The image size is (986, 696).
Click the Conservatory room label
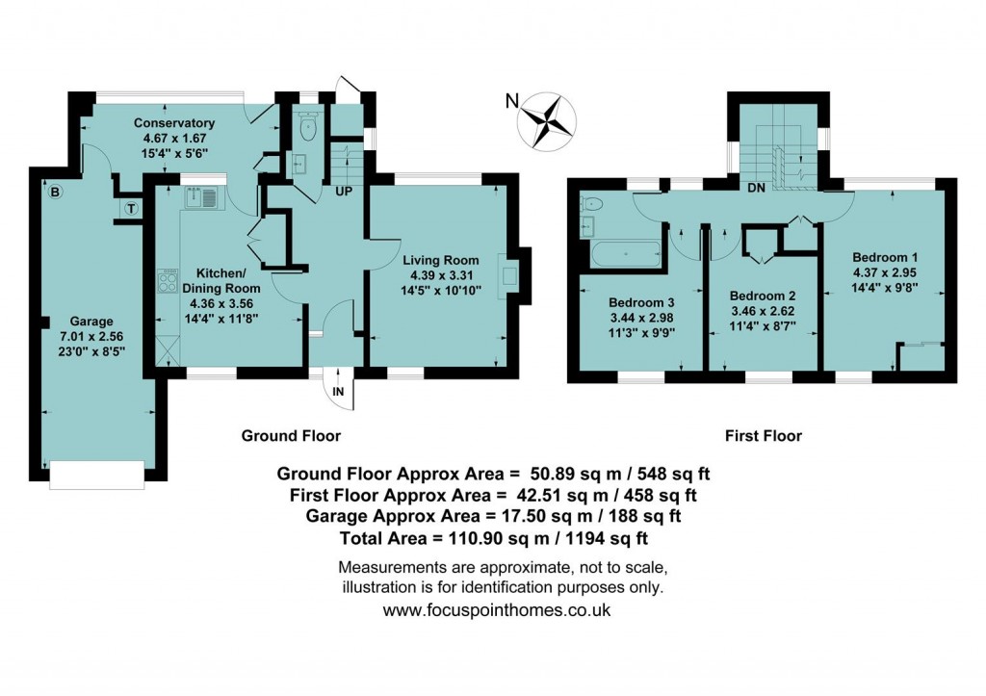[x=173, y=123]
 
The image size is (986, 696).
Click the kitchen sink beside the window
[x=204, y=198]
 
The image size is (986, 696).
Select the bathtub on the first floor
[x=625, y=253]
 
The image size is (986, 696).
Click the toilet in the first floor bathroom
[x=591, y=203]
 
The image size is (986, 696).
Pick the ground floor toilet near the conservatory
[x=308, y=125]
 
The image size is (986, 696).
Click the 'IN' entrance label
[x=338, y=392]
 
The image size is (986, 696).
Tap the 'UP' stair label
[x=343, y=192]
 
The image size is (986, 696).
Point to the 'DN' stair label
[x=756, y=188]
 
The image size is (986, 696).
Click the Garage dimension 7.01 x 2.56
[x=91, y=337]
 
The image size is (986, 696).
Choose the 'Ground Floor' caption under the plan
[x=291, y=436]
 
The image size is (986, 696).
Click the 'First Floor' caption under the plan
[x=763, y=436]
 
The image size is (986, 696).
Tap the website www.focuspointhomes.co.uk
[x=496, y=609]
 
